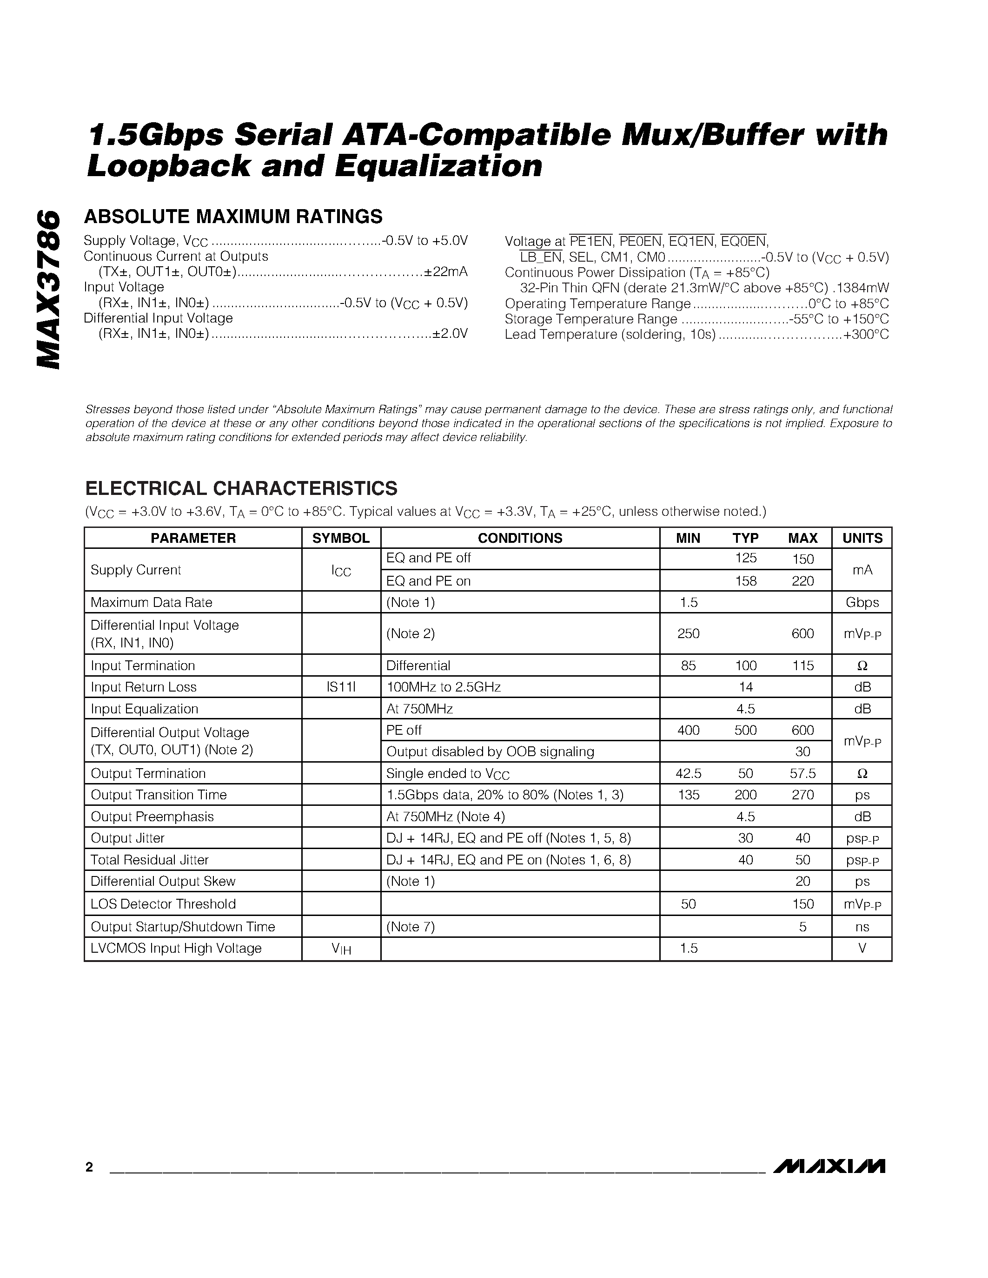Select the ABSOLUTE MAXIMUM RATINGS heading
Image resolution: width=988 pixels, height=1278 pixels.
point(233,217)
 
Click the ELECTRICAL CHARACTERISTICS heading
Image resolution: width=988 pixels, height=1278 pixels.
point(241,488)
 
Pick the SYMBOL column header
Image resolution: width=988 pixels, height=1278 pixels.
point(341,538)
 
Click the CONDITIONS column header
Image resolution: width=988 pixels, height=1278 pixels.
point(520,538)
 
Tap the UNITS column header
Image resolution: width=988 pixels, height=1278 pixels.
point(862,538)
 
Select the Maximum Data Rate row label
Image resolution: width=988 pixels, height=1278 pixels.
point(151,602)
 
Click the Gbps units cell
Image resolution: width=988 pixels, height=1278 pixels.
point(862,602)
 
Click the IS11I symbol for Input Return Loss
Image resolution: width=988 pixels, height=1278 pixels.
point(341,687)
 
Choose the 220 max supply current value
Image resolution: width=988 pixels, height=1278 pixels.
point(802,581)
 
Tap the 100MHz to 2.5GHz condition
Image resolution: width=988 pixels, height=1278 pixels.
point(443,687)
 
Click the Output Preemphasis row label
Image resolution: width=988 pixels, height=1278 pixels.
point(152,817)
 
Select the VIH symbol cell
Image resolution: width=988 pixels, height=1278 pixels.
point(341,949)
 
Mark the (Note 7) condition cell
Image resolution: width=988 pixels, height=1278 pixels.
point(410,926)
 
